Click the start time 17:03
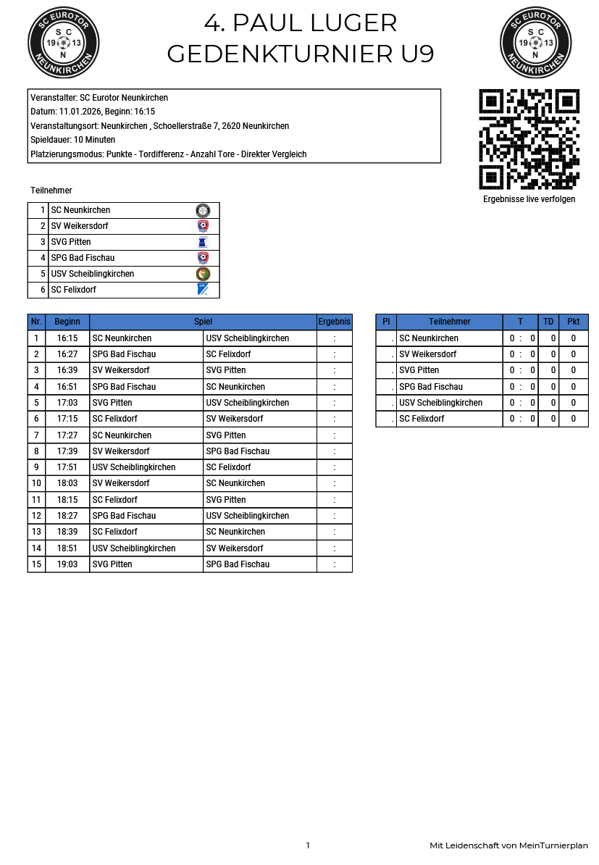(x=67, y=403)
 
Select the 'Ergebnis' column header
(x=334, y=322)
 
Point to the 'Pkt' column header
(x=573, y=322)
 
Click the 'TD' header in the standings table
(x=548, y=322)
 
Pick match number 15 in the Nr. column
(x=36, y=564)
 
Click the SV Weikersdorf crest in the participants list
(x=203, y=226)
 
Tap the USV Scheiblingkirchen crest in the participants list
(x=203, y=274)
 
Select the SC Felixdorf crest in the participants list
(x=203, y=290)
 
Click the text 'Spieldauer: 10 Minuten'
(x=73, y=140)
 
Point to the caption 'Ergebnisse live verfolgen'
(x=529, y=199)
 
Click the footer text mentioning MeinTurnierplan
(x=508, y=845)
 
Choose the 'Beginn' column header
(x=67, y=322)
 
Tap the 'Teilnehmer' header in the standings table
(x=449, y=322)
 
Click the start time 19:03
(x=67, y=564)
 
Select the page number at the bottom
(x=308, y=845)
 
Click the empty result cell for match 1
(x=334, y=338)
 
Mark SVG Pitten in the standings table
(x=419, y=370)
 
